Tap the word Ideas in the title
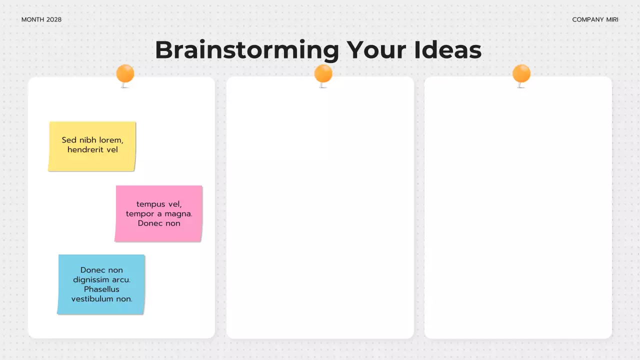447,50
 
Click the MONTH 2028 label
41,19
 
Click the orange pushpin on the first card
125,74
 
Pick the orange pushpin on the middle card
323,74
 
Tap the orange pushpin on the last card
521,74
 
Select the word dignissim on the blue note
91,279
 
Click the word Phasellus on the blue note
101,289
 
